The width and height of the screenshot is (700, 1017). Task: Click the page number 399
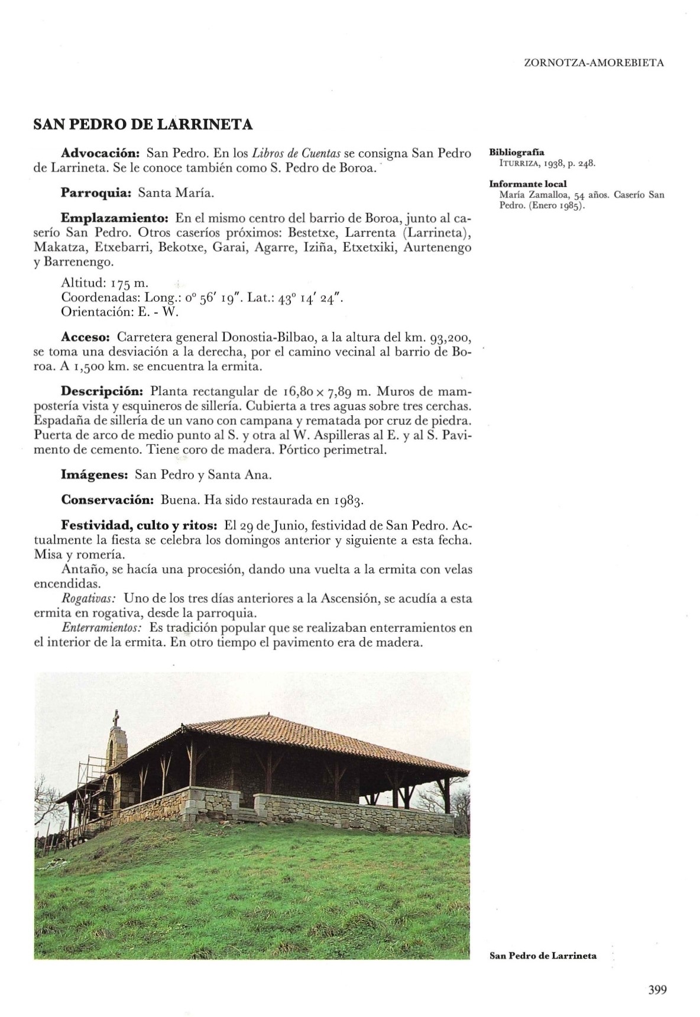point(657,989)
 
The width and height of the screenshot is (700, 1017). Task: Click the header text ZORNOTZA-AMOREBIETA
point(594,62)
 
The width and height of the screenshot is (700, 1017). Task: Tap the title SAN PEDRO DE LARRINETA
point(143,125)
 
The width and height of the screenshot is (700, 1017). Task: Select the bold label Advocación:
point(100,153)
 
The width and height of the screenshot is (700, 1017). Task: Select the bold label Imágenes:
point(95,474)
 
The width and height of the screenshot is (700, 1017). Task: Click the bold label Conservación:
point(108,500)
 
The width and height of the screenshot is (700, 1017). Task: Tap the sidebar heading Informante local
point(528,184)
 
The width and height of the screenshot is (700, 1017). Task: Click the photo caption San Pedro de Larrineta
point(543,955)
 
